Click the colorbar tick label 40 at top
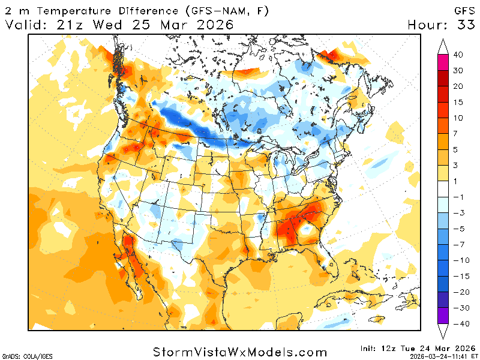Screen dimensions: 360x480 (458, 55)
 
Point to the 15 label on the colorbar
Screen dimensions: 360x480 (458, 101)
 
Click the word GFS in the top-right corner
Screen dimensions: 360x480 (463, 11)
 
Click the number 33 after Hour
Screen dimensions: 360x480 (464, 25)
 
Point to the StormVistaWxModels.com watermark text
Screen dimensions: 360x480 (240, 352)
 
